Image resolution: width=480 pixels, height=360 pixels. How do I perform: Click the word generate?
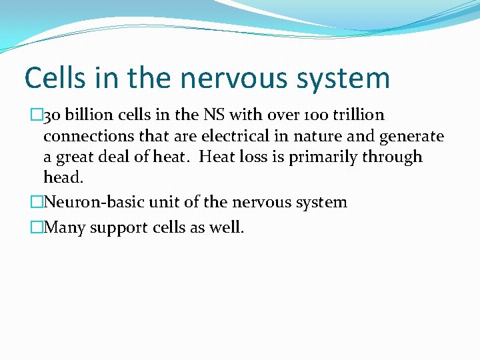(x=411, y=137)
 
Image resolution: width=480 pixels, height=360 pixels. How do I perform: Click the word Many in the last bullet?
(x=63, y=227)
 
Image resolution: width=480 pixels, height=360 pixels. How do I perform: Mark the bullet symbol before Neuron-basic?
(x=36, y=202)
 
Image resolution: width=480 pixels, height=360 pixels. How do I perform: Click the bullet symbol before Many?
(x=36, y=227)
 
